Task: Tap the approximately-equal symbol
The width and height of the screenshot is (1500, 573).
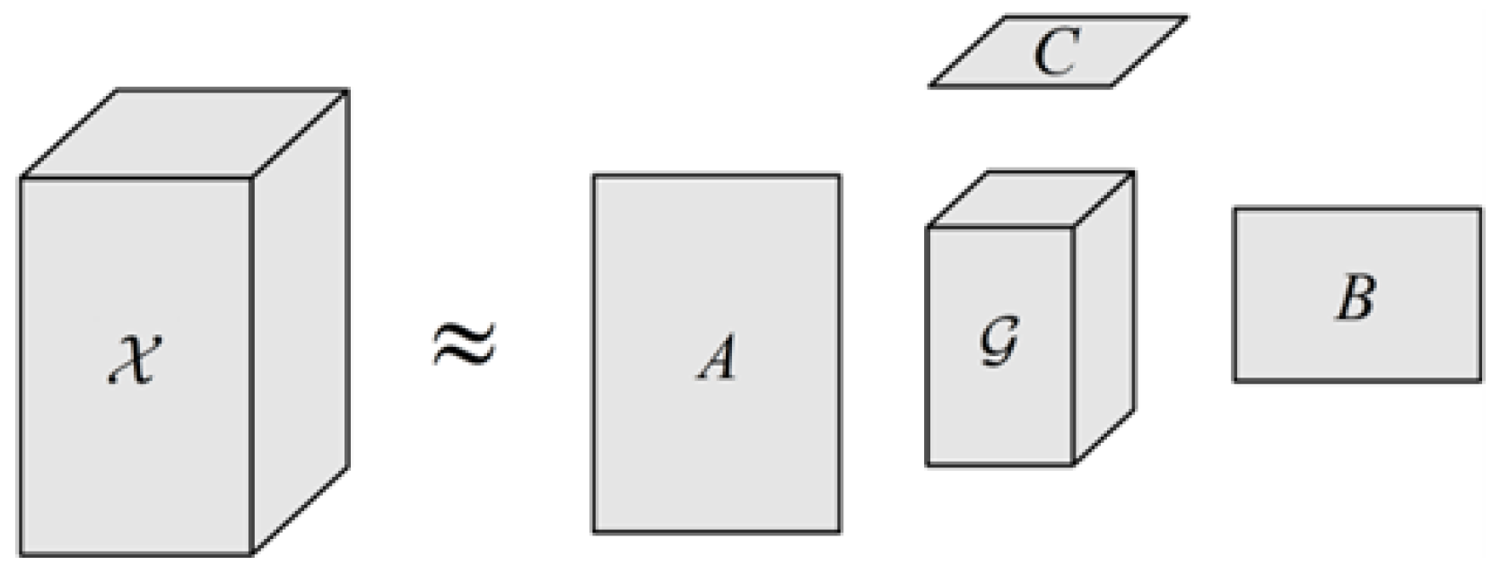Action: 464,348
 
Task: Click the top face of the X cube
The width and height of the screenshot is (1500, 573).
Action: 185,134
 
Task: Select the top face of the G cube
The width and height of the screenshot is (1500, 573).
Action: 1031,199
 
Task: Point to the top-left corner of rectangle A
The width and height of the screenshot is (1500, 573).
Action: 593,176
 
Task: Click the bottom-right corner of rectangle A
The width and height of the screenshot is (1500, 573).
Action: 840,532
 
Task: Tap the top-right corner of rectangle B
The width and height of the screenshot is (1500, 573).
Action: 1480,209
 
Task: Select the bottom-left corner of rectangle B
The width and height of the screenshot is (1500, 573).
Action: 1234,381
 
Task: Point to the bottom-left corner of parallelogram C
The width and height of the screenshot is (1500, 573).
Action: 929,87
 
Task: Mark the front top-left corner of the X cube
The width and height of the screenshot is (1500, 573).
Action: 21,178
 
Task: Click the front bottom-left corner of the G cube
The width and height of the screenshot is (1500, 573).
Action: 927,464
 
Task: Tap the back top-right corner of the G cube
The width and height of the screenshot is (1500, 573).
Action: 1134,172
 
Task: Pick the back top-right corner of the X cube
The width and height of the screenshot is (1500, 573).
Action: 347,90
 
